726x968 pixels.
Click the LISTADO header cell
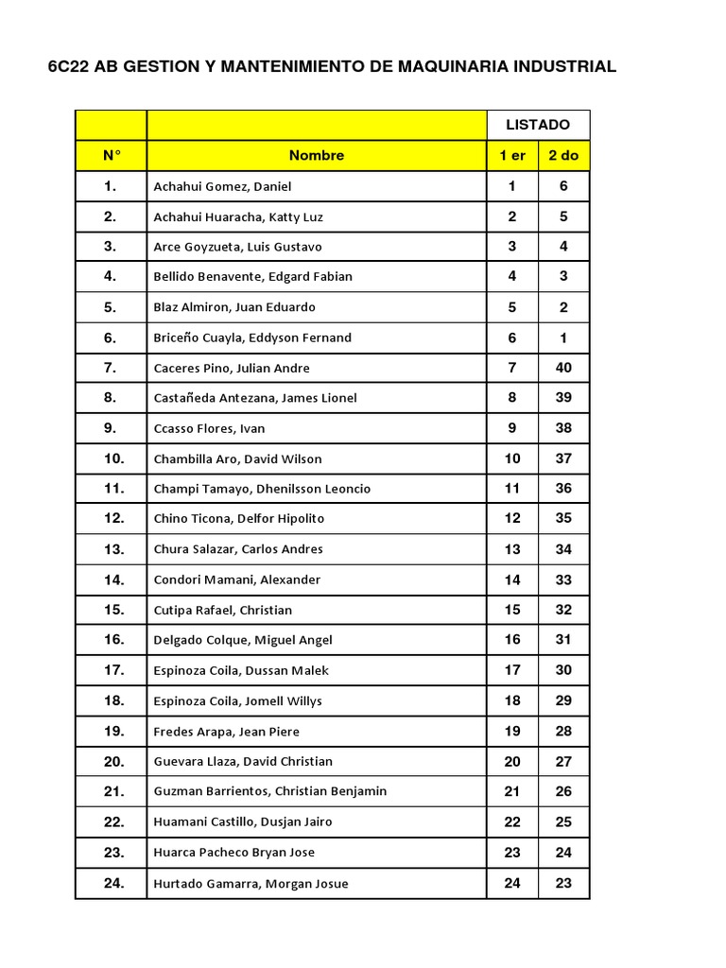[538, 125]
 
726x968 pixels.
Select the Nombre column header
[317, 155]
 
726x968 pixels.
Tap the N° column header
[112, 155]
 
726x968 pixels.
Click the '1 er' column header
[512, 155]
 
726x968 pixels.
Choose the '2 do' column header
[563, 155]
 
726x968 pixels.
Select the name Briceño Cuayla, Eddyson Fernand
[252, 337]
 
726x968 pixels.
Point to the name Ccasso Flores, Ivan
[209, 428]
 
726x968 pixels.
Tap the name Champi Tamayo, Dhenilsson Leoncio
[262, 489]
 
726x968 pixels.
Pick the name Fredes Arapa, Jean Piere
[226, 731]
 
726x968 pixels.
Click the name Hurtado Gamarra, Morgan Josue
[251, 883]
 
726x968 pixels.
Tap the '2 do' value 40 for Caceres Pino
[563, 368]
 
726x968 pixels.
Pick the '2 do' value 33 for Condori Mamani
[563, 579]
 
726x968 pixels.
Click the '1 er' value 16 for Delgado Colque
[512, 640]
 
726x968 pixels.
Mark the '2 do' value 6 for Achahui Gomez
[563, 186]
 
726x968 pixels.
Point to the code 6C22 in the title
[70, 67]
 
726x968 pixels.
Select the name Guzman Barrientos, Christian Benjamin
[269, 791]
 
